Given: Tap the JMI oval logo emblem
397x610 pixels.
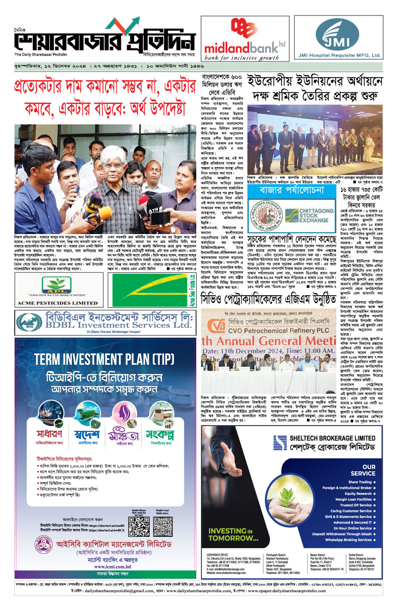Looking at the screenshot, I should [338, 35].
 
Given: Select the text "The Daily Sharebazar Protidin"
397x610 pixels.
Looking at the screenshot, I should [41, 55].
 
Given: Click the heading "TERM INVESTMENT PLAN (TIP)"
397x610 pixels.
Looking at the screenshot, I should [104, 360].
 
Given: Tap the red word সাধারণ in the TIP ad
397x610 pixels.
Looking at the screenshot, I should [49, 434].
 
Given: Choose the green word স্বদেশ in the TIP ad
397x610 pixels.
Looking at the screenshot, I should [87, 434].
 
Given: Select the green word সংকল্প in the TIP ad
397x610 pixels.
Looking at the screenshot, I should [160, 434].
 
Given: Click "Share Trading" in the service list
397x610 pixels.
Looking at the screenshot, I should [360, 482].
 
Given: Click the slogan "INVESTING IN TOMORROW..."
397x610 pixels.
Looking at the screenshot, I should [233, 534].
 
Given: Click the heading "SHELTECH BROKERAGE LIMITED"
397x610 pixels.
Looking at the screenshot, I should [332, 438].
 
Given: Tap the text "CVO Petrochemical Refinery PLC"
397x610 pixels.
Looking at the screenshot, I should [279, 331].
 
